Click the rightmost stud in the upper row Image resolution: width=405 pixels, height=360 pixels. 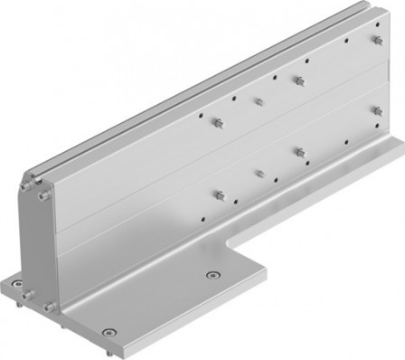tap(376, 42)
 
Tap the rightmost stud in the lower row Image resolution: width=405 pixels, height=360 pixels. tap(376, 110)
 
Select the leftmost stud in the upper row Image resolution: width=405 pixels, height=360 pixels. tap(218, 121)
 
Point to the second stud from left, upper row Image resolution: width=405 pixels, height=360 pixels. tap(259, 101)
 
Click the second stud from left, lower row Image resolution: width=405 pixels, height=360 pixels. tap(259, 172)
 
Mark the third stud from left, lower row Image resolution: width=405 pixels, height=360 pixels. tap(297, 151)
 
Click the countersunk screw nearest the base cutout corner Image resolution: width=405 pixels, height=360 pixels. tap(212, 275)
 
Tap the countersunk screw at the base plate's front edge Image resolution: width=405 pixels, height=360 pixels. tap(109, 332)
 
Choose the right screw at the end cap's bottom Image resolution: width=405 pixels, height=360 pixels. tap(49, 308)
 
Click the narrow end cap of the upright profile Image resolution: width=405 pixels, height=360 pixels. tap(37, 244)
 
